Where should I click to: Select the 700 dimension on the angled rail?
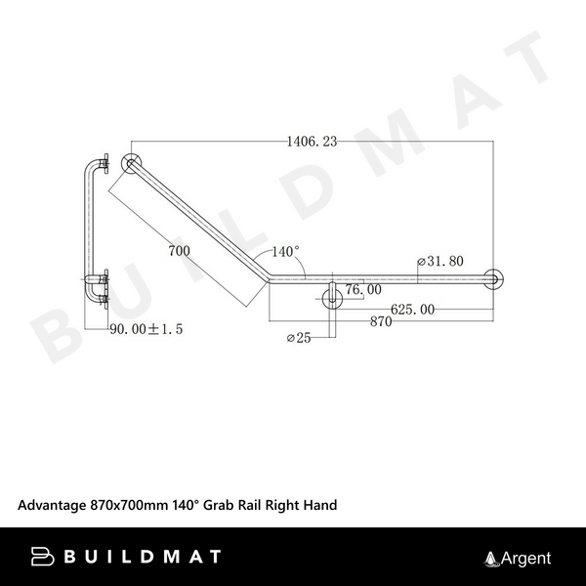pyautogui.click(x=179, y=251)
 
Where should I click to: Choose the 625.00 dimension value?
pyautogui.click(x=412, y=310)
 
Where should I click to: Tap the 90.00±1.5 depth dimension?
pyautogui.click(x=145, y=329)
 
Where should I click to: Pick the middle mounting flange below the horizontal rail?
pyautogui.click(x=333, y=295)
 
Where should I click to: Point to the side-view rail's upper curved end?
pyautogui.click(x=94, y=166)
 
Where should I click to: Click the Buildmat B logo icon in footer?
pyautogui.click(x=44, y=557)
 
